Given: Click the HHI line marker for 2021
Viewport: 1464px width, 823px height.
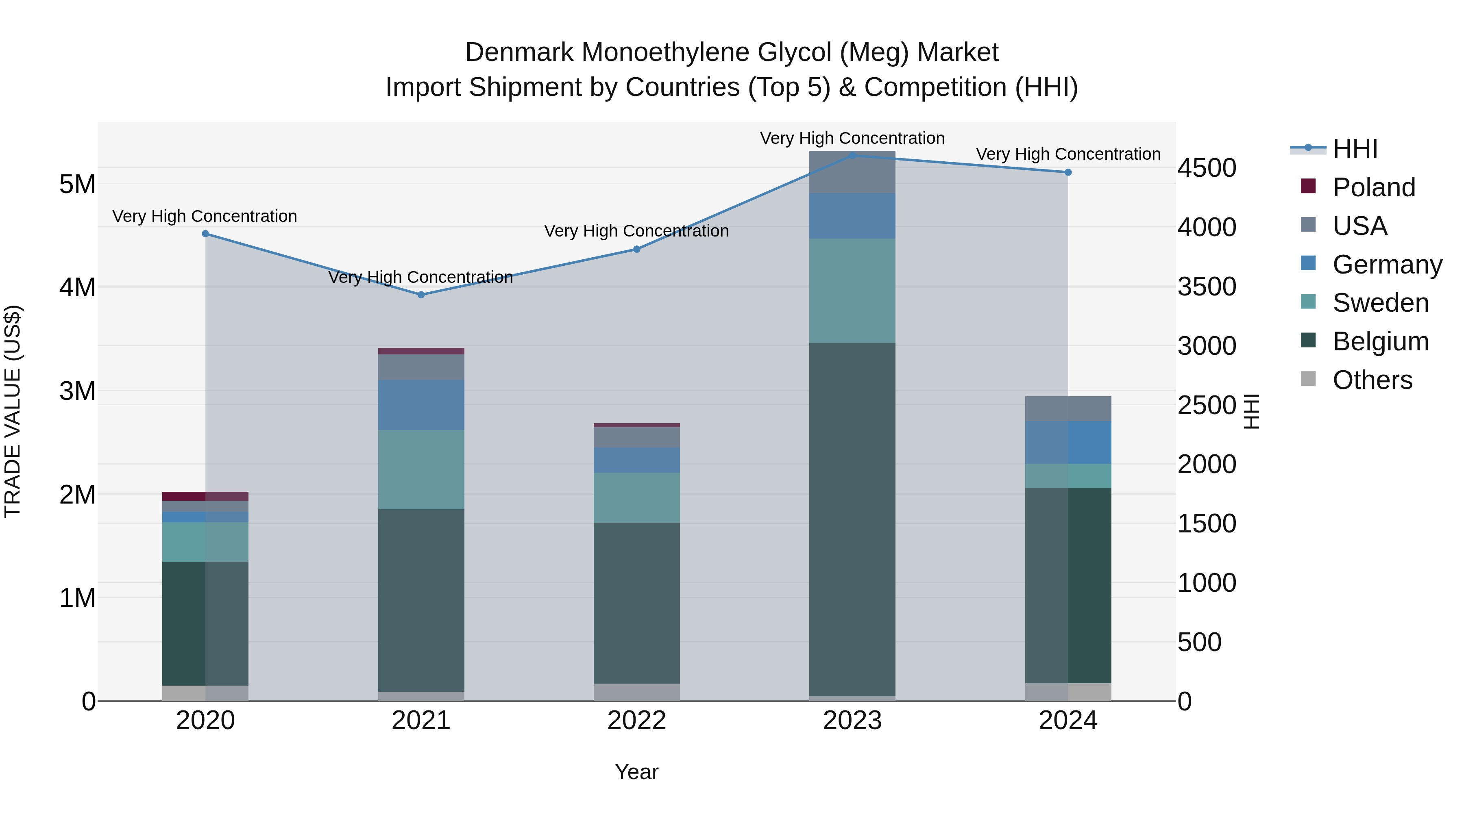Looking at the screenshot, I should coord(421,295).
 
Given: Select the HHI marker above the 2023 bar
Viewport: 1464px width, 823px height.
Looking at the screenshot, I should coord(852,155).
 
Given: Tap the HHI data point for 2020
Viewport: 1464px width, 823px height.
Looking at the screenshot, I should coord(206,233).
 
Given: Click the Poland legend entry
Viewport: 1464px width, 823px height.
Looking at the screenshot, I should coord(1373,187).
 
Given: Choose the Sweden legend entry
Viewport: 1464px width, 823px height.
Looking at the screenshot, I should coord(1380,303).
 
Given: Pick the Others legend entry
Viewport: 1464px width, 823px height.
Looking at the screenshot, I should coord(1372,380).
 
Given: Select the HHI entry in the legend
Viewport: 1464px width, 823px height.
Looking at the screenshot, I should coord(1355,149).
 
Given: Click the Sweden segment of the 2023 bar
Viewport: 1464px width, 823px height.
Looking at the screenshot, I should coord(852,291).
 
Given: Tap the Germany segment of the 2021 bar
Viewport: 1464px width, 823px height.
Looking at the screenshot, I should coord(421,405).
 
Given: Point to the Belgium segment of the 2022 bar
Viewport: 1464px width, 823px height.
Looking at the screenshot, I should coord(636,603).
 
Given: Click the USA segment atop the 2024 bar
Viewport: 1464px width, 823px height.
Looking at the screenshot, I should coord(1068,408).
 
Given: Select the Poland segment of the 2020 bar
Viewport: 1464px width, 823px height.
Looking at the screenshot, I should coord(205,496).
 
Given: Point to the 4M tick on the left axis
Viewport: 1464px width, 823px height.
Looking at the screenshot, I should coord(77,287).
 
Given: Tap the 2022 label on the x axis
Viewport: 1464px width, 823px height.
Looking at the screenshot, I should coord(636,721).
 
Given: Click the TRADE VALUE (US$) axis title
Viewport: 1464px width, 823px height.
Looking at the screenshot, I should coord(13,411).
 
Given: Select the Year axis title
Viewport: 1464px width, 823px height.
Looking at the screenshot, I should coord(636,772).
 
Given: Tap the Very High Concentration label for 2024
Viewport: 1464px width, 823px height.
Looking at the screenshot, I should coord(1068,154).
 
